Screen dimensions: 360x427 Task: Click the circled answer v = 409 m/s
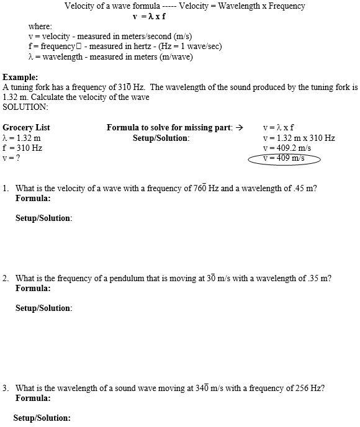(284, 158)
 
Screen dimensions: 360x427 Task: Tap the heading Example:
(19, 77)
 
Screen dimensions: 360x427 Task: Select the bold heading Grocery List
(26, 128)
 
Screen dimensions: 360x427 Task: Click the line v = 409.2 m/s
(286, 148)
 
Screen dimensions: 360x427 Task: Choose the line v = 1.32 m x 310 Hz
(299, 138)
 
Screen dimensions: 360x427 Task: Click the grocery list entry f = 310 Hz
(22, 148)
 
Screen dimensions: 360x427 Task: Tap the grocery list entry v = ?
(11, 158)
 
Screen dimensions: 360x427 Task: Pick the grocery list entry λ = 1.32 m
(22, 138)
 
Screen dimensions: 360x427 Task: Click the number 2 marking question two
(5, 279)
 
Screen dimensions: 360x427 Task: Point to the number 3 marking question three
(5, 389)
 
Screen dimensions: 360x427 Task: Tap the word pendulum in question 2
(122, 279)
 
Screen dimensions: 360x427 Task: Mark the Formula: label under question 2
(33, 289)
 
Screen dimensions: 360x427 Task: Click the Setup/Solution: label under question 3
(42, 418)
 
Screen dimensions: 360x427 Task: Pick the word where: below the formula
(40, 27)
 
